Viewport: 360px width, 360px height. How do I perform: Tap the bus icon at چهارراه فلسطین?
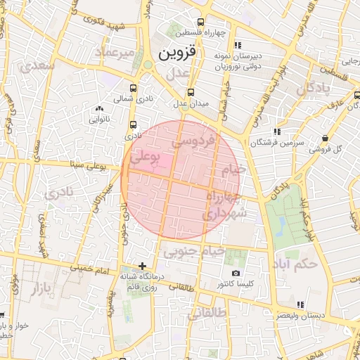pos(201,22)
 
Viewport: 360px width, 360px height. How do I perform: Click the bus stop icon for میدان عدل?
pos(191,91)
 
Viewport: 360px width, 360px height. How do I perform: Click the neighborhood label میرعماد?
pos(117,53)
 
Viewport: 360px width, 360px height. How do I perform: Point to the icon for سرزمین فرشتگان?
pos(278,131)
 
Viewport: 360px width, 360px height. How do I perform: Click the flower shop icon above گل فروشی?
pos(324,138)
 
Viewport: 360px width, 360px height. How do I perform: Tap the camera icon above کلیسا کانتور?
pos(235,273)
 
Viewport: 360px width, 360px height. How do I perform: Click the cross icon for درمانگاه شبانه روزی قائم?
pos(143,266)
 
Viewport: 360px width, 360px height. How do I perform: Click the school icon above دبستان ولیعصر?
pos(300,304)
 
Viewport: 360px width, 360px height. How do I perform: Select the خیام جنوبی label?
pos(193,250)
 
